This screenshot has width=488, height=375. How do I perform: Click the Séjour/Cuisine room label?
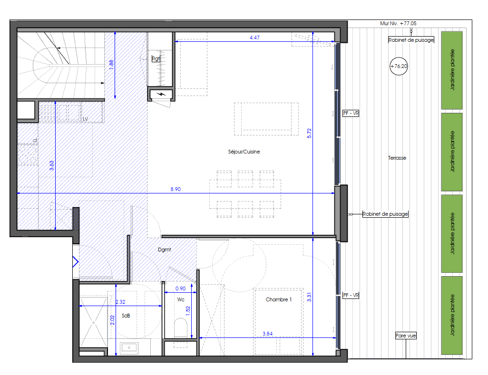[x=244, y=152]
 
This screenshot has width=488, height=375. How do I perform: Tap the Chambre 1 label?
[x=279, y=299]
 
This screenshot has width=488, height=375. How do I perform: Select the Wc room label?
[x=181, y=299]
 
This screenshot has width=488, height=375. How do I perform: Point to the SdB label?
[x=126, y=316]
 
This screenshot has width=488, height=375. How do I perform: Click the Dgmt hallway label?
[x=164, y=250]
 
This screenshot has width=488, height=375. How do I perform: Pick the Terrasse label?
[x=397, y=158]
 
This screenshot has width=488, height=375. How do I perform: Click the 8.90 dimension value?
[x=176, y=189]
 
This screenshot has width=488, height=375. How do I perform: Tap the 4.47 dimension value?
[x=254, y=38]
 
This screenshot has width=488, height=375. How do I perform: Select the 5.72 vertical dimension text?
[x=309, y=134]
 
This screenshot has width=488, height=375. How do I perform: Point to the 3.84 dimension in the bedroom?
[x=268, y=334]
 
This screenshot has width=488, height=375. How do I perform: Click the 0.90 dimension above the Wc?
[x=181, y=288]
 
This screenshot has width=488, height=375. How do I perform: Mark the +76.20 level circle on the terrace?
[x=399, y=66]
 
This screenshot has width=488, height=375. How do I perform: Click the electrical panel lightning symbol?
[x=161, y=94]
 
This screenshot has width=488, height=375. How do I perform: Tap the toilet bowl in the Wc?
[x=181, y=327]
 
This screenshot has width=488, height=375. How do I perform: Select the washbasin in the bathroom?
[x=129, y=347]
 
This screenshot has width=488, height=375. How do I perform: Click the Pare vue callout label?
[x=406, y=336]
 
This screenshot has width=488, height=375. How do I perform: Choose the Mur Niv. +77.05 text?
[x=398, y=23]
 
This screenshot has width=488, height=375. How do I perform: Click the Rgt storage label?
[x=156, y=58]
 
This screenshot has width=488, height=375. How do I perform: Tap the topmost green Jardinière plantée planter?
[x=451, y=70]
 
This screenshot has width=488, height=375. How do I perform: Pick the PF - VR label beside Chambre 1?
[x=351, y=295]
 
